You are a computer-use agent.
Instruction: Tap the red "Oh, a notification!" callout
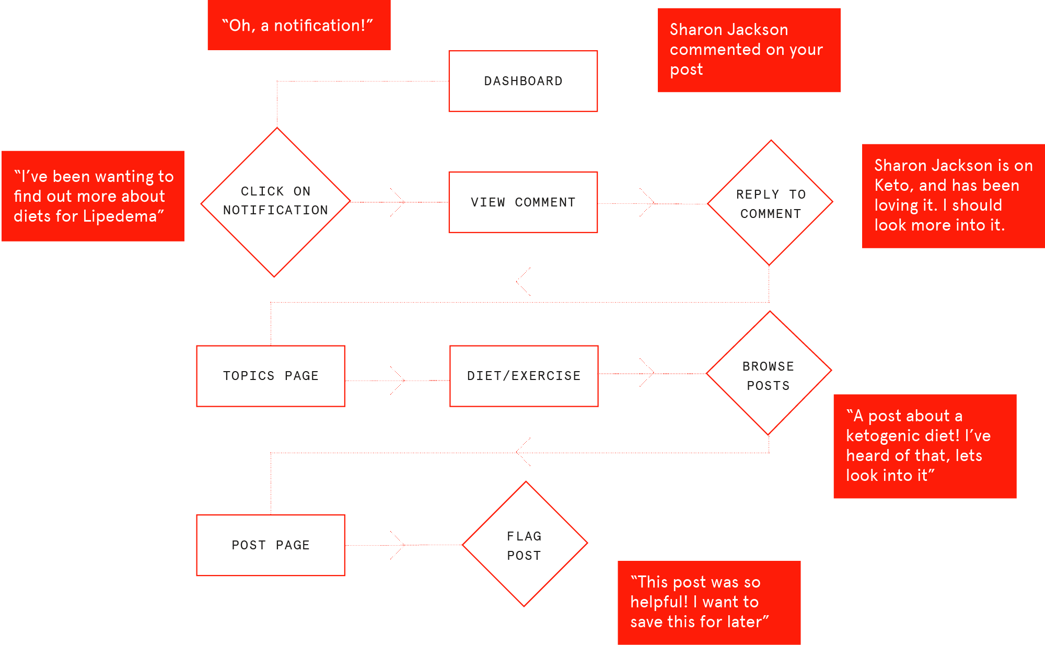(x=299, y=25)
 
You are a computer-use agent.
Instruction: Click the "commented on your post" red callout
(x=749, y=50)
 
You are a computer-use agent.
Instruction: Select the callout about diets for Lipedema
(x=93, y=196)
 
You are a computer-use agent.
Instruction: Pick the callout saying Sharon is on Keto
(x=953, y=196)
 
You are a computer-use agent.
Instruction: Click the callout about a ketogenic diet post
(x=925, y=446)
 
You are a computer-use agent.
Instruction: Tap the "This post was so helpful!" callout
(x=709, y=603)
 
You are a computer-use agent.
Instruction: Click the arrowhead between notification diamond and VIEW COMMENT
(x=398, y=202)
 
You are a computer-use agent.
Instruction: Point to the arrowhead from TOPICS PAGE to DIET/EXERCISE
(x=398, y=381)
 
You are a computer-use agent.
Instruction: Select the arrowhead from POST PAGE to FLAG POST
(x=398, y=545)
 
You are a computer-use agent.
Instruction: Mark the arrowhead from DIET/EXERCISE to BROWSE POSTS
(x=647, y=373)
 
